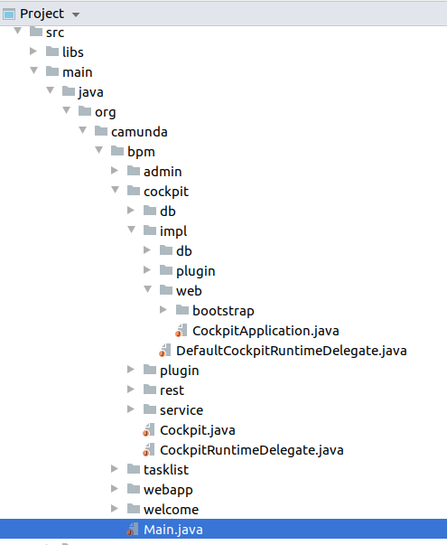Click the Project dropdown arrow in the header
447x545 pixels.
pos(75,14)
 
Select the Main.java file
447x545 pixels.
pos(173,530)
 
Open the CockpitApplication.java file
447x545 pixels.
pos(265,331)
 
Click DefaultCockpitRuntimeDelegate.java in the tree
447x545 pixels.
pos(291,351)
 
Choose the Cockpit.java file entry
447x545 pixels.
pos(197,430)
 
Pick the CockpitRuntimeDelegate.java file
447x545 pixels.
pos(251,450)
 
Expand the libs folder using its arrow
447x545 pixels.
pos(33,52)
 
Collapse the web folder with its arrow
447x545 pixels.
pos(147,289)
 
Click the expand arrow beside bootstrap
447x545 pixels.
pos(163,310)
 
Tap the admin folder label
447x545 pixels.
pos(163,172)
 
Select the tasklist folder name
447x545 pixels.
pos(166,470)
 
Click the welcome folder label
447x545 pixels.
pos(172,510)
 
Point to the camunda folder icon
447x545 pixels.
pos(101,131)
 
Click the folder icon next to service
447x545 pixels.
pos(150,409)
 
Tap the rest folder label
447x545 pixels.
pos(172,390)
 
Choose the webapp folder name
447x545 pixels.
pos(168,490)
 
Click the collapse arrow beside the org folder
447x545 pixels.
pos(66,110)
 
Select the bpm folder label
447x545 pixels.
pos(141,152)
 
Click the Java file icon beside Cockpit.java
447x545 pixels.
pos(149,430)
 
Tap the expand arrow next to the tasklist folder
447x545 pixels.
pos(115,469)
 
